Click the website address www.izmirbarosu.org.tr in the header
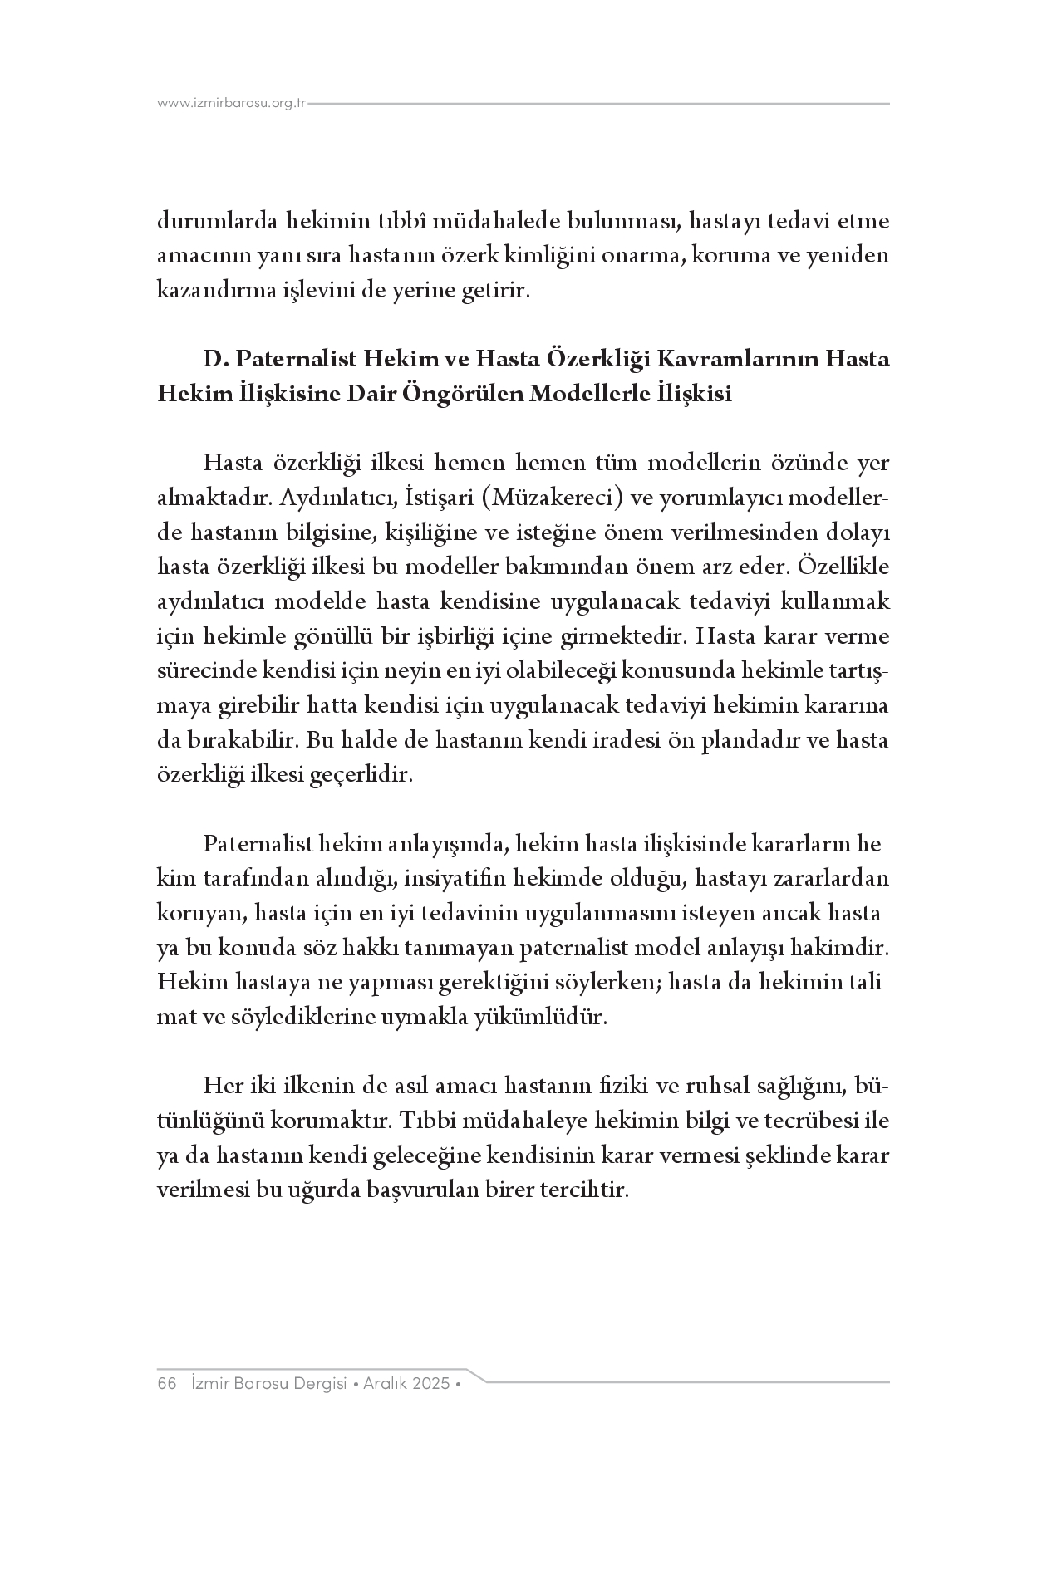click(232, 104)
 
